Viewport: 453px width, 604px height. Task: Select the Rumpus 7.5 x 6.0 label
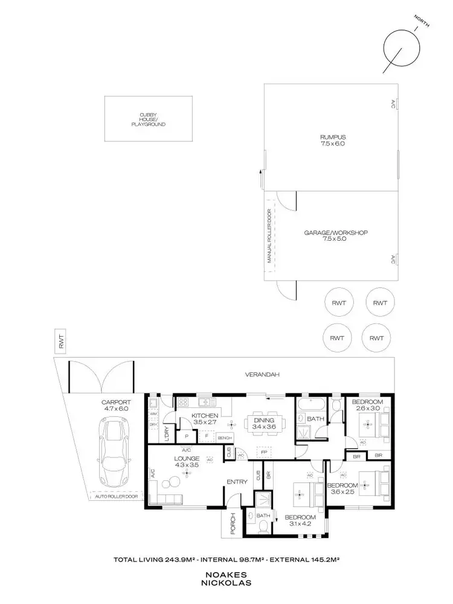click(x=333, y=141)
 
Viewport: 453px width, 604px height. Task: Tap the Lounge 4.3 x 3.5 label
click(x=188, y=462)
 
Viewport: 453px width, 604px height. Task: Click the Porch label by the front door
click(x=232, y=524)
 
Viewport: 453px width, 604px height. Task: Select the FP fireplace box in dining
click(x=263, y=451)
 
